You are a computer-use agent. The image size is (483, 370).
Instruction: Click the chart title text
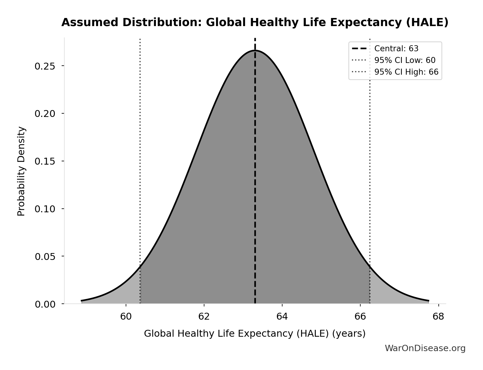click(255, 22)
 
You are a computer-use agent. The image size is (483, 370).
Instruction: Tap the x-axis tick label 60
click(126, 317)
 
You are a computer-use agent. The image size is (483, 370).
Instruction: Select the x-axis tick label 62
click(204, 317)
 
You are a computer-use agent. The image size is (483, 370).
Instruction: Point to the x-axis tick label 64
click(282, 317)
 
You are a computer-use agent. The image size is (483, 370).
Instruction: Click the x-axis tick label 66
click(360, 317)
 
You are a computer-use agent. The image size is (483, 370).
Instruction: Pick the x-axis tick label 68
click(438, 317)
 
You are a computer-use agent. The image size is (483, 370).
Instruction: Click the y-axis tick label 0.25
click(45, 66)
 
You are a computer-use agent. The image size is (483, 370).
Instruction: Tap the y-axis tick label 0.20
click(45, 114)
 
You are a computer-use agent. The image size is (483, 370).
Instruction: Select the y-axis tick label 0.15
click(45, 162)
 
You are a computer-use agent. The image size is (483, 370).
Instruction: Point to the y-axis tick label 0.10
click(45, 209)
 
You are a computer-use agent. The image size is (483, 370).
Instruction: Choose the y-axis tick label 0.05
click(45, 257)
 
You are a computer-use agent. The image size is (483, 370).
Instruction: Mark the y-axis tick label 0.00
click(45, 304)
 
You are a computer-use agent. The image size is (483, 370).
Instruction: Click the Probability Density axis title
click(21, 171)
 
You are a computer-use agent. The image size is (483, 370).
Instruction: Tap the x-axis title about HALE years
click(255, 334)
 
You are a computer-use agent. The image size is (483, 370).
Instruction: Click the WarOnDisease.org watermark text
click(425, 348)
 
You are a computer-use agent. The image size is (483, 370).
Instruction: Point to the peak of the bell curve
click(255, 50)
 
